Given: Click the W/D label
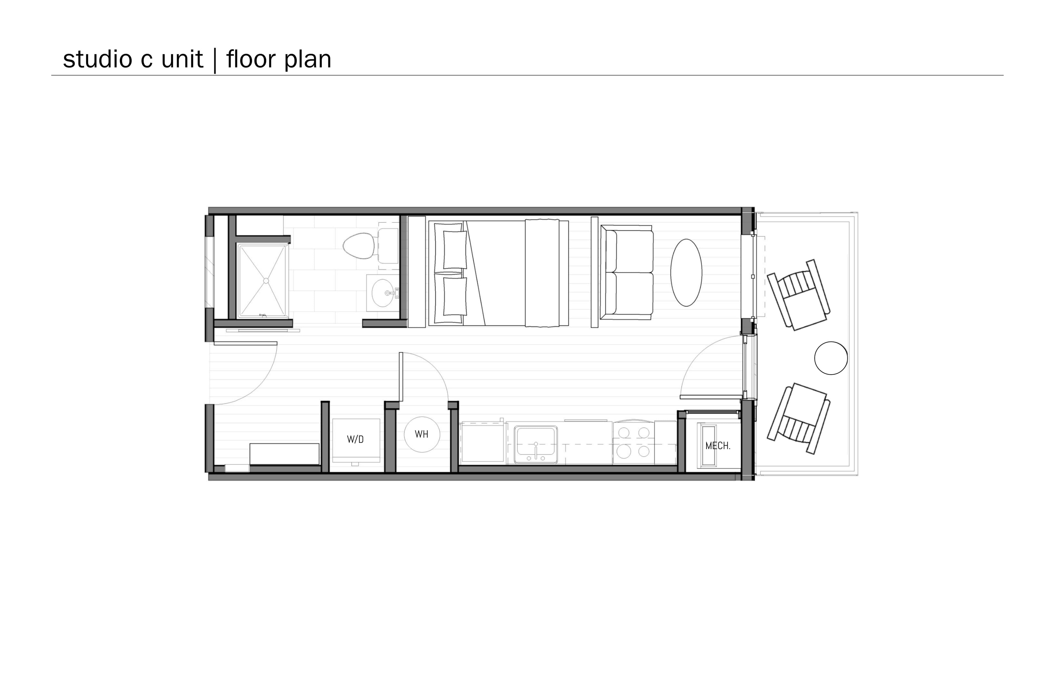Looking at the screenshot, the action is pyautogui.click(x=355, y=440).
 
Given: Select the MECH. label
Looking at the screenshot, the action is pyautogui.click(x=718, y=445).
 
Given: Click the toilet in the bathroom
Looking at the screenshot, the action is pyautogui.click(x=371, y=246).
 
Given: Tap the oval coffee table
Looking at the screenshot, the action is pyautogui.click(x=686, y=272).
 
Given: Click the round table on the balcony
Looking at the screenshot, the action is pyautogui.click(x=831, y=358).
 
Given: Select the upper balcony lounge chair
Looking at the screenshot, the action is pyautogui.click(x=799, y=295).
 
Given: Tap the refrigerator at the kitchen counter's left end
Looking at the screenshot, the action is pyautogui.click(x=483, y=442).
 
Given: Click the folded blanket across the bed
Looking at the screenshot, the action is pyautogui.click(x=542, y=273).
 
